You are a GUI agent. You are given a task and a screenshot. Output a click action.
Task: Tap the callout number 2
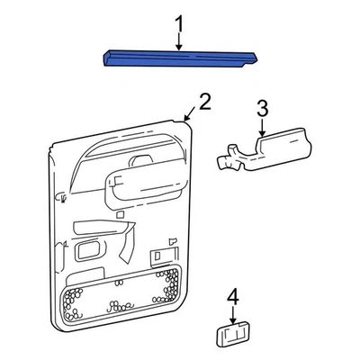pos(204,102)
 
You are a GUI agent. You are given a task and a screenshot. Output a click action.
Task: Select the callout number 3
pos(262,109)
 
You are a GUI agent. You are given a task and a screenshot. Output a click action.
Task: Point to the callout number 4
pos(232,296)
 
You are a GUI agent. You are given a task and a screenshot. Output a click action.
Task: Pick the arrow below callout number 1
pos(178,40)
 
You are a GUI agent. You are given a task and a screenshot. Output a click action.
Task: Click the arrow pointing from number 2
pos(189,114)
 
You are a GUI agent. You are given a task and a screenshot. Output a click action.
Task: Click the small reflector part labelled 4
pos(232,335)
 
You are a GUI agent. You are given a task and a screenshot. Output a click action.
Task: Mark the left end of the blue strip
pos(106,58)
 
